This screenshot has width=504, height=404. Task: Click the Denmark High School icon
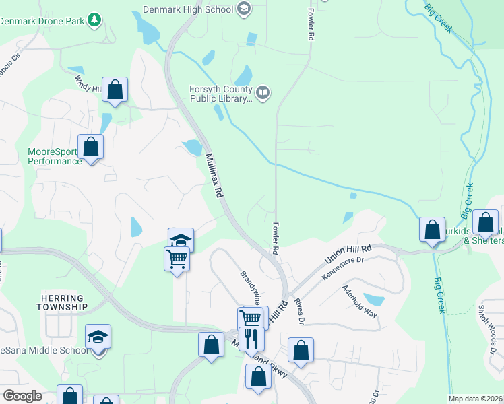click(243, 9)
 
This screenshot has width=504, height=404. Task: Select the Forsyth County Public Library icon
click(263, 91)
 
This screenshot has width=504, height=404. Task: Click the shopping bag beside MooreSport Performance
click(90, 146)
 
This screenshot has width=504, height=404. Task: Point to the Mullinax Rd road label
click(214, 174)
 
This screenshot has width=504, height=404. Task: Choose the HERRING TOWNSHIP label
click(63, 302)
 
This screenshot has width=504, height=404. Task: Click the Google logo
click(22, 396)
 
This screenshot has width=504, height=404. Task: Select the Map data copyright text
click(476, 399)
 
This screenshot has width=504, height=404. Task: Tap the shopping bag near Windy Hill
click(115, 89)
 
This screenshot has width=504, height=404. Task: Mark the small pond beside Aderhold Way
click(373, 298)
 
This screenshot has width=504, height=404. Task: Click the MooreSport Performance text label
click(55, 156)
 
